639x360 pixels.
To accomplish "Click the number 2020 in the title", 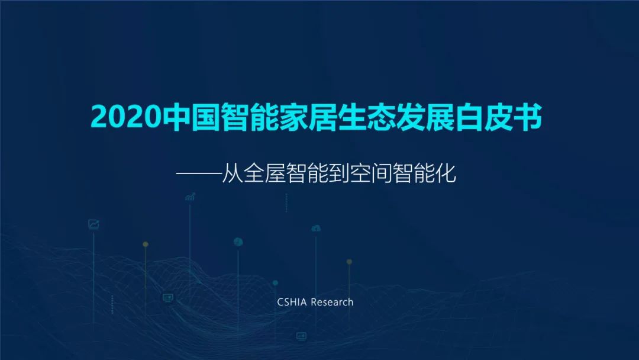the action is [127, 117].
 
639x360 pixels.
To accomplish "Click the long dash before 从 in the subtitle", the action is [198, 173].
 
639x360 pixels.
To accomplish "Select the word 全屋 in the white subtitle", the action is [264, 173].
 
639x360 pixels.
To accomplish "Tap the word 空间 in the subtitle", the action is [370, 173].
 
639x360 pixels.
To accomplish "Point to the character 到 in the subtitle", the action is [338, 173].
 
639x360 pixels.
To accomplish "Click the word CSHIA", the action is [292, 302].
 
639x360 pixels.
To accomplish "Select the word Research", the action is [332, 302].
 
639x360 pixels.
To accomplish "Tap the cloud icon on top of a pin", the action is [316, 229].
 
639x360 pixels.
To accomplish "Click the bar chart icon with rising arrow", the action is [191, 197].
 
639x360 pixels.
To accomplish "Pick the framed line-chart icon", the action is [93, 224].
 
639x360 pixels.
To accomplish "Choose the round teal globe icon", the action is [238, 242].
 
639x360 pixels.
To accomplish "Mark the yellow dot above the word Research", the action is [349, 262].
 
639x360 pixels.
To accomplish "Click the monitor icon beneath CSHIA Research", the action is [301, 336].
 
